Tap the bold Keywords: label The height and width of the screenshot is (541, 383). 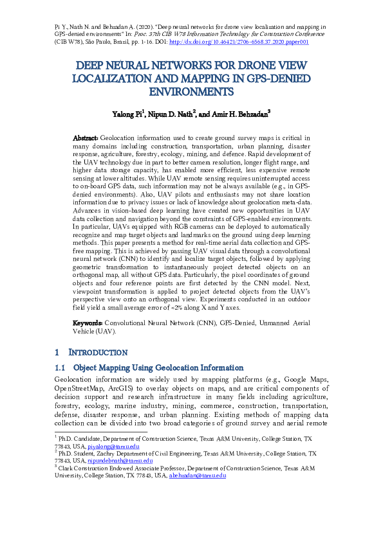coord(88,323)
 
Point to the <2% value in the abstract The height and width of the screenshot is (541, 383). coord(199,308)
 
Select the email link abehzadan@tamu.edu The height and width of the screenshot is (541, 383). coord(197,476)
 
